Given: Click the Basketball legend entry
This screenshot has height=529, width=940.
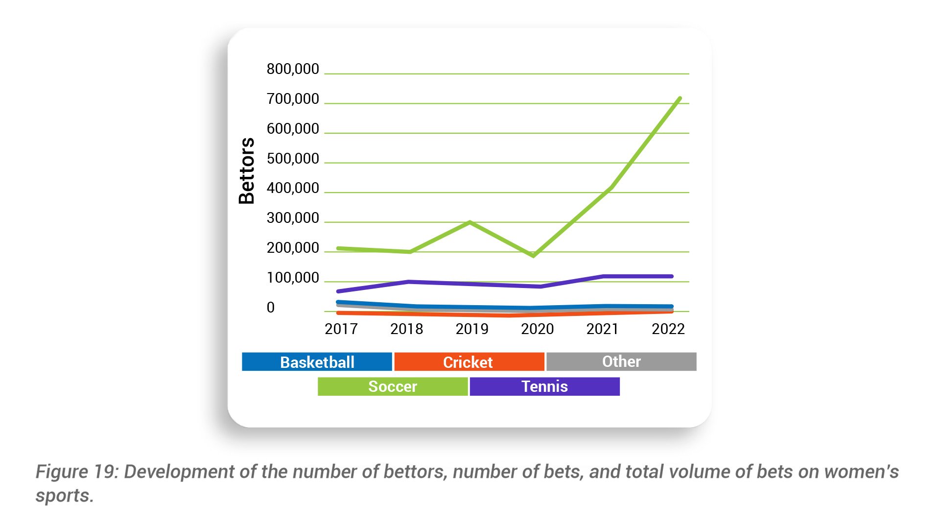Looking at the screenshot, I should pyautogui.click(x=317, y=362).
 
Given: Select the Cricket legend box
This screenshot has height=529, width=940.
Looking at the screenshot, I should pyautogui.click(x=469, y=362).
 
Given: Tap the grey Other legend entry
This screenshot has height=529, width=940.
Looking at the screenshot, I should pyautogui.click(x=621, y=361).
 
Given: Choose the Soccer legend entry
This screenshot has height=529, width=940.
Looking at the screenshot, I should pyautogui.click(x=392, y=386).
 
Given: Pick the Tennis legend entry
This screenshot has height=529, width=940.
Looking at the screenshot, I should pyautogui.click(x=544, y=386).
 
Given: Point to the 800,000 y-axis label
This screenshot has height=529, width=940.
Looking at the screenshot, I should pyautogui.click(x=293, y=69).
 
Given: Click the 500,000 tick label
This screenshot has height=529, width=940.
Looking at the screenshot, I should pyautogui.click(x=293, y=159).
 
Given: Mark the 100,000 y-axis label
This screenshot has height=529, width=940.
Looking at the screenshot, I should pyautogui.click(x=293, y=278).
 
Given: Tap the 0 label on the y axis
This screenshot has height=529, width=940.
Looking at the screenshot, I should pyautogui.click(x=271, y=308).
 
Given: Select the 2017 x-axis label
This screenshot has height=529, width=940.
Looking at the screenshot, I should pyautogui.click(x=341, y=329).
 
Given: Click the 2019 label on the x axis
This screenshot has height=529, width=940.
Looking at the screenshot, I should pyautogui.click(x=472, y=329).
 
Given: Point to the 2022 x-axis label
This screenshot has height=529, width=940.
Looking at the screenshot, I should pyautogui.click(x=668, y=329).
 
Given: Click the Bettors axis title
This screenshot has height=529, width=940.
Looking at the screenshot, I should pyautogui.click(x=247, y=170).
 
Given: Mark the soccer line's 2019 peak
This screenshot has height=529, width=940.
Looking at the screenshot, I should pyautogui.click(x=470, y=222).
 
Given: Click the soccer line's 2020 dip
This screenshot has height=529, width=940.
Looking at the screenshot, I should pyautogui.click(x=533, y=255).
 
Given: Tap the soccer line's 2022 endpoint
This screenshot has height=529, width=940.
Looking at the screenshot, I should pyautogui.click(x=680, y=98).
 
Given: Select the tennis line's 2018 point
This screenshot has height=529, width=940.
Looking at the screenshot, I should pyautogui.click(x=408, y=282).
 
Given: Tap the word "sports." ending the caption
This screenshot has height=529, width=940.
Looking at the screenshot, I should pyautogui.click(x=64, y=496).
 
